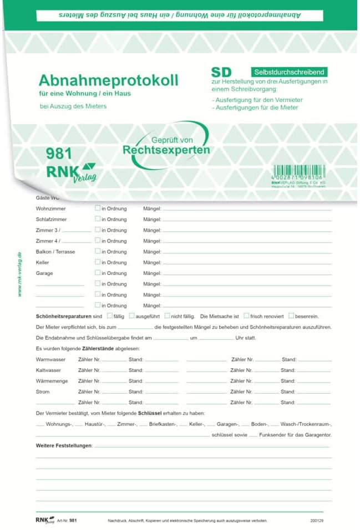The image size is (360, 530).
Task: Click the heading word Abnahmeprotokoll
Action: pos(108,80)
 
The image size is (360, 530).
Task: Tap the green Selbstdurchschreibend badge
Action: pos(289,72)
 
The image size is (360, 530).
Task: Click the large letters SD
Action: pos(221,72)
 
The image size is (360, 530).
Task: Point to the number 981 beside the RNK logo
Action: pos(59,154)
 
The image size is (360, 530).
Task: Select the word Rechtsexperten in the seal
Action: pos(166,150)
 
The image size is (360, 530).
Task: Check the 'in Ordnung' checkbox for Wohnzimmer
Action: pos(98,208)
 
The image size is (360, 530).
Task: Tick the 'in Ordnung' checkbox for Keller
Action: pos(98,262)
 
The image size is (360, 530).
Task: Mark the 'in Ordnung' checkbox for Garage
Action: pos(98,273)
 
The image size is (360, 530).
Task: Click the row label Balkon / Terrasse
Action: pos(55,252)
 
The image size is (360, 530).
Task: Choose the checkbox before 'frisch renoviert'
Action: pos(246,315)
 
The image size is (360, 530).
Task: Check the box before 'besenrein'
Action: pos(291,315)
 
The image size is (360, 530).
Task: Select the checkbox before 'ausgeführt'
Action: pos(131,315)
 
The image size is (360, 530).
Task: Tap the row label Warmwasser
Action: pos(50,360)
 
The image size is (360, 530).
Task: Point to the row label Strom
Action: pos(43,392)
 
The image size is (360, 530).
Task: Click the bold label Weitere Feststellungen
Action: pos(64,446)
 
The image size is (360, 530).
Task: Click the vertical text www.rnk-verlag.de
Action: pos(19,274)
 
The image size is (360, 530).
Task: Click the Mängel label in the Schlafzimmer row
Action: pos(152,220)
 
